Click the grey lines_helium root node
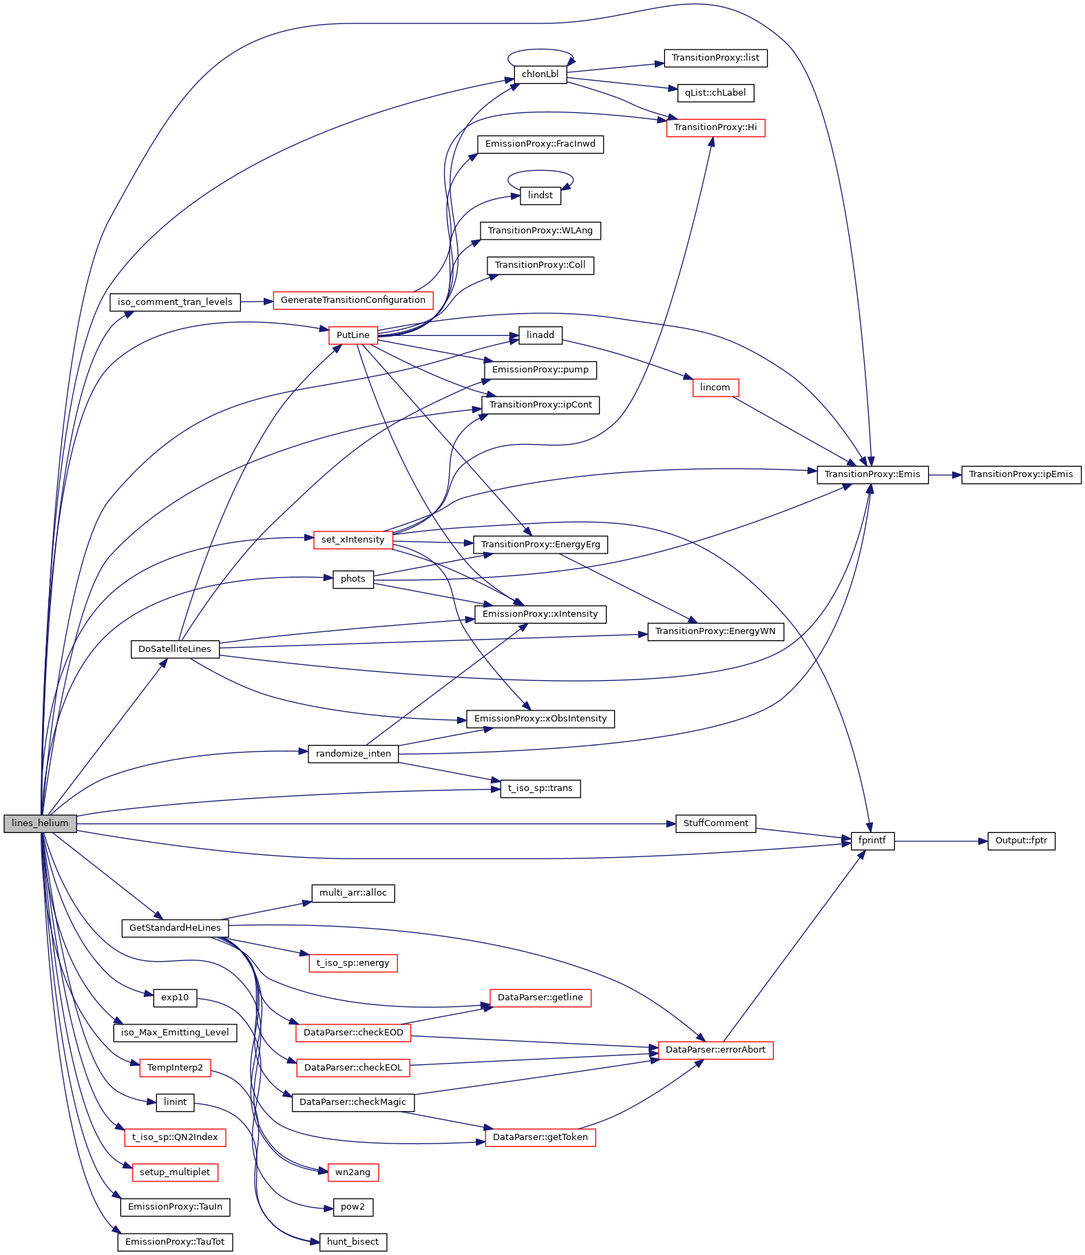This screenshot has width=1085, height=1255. (40, 823)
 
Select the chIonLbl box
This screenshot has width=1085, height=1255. (540, 74)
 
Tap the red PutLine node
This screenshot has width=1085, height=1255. (353, 335)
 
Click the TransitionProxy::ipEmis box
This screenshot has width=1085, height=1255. (1021, 474)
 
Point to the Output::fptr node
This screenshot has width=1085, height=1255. (1021, 841)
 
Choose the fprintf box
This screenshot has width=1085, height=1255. (872, 841)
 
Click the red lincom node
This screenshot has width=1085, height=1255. (715, 388)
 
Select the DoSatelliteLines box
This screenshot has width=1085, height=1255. (175, 649)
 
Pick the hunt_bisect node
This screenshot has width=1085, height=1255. (352, 1242)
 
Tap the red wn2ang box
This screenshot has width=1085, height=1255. (352, 1172)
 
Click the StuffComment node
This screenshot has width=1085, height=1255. (715, 823)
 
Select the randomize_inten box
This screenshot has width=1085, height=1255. (353, 754)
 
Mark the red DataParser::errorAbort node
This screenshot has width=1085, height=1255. (715, 1050)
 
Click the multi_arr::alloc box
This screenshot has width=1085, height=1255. (353, 893)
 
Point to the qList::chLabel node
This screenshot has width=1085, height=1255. (715, 93)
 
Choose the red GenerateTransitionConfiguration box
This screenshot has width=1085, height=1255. (353, 300)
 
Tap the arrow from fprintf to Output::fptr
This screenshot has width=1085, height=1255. (941, 841)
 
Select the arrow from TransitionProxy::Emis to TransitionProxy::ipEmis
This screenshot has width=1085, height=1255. (945, 475)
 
